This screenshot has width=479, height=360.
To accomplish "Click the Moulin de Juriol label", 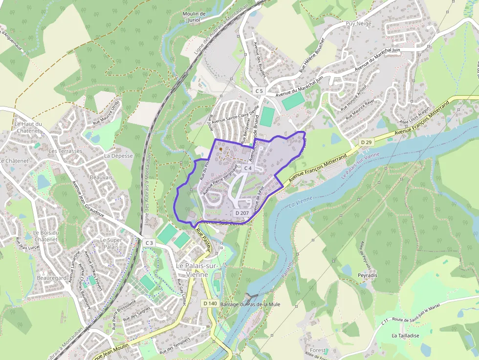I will pos(194,17).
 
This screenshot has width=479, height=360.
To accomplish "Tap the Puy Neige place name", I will pos(358,23).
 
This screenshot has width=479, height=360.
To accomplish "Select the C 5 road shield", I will pos(259,91).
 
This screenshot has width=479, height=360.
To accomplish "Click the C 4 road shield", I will pos(247,168).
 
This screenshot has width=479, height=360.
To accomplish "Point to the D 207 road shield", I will pos(242,213).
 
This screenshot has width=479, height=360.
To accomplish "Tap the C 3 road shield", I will pos(149,243).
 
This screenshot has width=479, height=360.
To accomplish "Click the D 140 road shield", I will pos(210,303).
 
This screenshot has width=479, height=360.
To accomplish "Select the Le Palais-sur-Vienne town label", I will pos(198,270).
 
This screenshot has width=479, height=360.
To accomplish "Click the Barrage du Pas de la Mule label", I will pos(250,304).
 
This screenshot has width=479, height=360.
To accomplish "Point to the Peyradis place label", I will pos(367,275).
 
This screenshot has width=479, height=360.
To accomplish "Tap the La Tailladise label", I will pos(405,336).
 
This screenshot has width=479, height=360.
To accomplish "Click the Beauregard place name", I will pos(51,277).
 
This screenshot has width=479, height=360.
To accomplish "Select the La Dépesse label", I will pos(118,156).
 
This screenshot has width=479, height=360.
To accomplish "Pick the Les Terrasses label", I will pos(65,151).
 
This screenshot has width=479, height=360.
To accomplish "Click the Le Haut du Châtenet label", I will pos(28,127).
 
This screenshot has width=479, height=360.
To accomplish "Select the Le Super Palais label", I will pos(111,243).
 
